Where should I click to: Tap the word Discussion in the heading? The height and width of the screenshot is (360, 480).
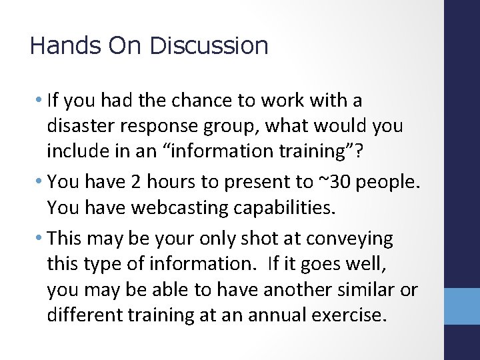click(x=209, y=46)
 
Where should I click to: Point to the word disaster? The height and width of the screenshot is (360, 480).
click(x=79, y=126)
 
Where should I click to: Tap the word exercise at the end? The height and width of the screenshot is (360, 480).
click(x=352, y=314)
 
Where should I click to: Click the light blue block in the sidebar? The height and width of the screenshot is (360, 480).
click(x=461, y=305)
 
